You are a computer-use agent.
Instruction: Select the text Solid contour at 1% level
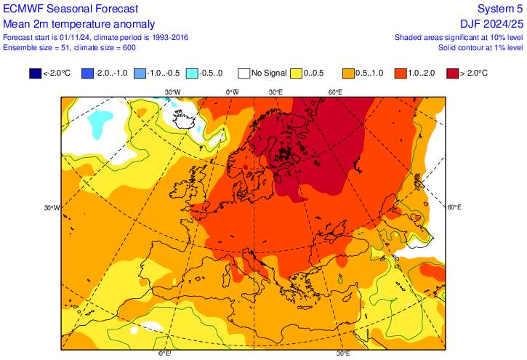(480, 47)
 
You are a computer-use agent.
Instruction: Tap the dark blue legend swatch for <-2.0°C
(35, 73)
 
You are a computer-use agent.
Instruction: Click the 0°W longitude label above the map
(232, 92)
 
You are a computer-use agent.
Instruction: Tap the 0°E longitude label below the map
(165, 354)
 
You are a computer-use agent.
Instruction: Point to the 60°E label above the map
(335, 92)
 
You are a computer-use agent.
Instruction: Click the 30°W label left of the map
(51, 207)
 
